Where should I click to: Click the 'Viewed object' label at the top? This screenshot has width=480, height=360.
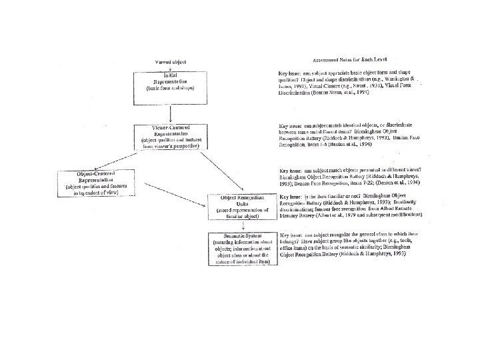(x=171, y=61)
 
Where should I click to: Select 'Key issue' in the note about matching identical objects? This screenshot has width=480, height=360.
(x=289, y=125)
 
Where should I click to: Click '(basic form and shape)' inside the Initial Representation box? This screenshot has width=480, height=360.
(x=171, y=88)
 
